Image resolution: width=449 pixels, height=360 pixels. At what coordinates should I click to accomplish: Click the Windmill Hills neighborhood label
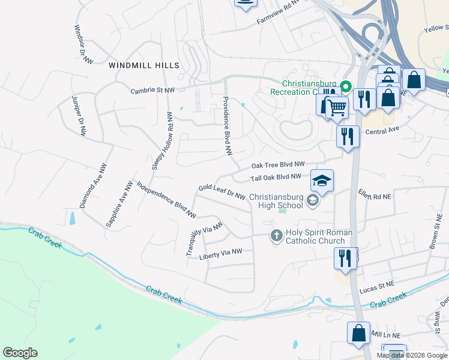click(143, 65)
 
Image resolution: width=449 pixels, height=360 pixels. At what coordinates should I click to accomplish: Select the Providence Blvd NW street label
click(228, 126)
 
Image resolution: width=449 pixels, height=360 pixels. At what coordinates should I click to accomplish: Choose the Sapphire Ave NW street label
click(119, 204)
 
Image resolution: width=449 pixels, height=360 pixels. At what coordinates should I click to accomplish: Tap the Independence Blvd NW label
click(166, 199)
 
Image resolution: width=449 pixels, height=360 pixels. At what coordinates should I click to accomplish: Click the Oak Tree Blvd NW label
click(278, 164)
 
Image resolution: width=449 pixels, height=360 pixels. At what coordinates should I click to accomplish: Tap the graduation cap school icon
click(322, 181)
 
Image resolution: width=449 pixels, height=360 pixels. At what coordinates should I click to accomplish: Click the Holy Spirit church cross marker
click(276, 236)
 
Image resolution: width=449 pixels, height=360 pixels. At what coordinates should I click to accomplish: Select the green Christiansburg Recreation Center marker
click(345, 87)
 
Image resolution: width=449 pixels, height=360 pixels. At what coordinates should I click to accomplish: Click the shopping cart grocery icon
click(337, 107)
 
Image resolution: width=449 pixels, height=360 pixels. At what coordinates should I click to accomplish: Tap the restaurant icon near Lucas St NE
click(345, 258)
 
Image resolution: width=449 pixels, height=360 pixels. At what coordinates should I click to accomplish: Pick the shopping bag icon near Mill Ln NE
click(358, 334)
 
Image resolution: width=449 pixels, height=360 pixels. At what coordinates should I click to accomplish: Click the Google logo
click(20, 353)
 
